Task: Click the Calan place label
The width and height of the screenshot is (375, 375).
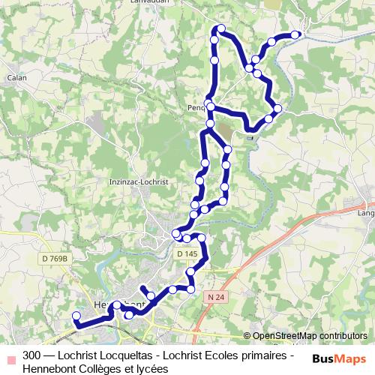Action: coord(16,76)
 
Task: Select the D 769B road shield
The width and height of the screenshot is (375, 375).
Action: coord(54,258)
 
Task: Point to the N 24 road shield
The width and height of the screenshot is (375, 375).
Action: coord(216,297)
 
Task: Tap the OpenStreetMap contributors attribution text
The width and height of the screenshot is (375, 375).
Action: coord(310,336)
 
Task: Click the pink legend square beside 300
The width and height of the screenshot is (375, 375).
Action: coord(10,355)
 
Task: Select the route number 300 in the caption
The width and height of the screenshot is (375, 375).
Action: coord(32,354)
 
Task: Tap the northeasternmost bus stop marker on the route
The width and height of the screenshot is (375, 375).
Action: coord(295,34)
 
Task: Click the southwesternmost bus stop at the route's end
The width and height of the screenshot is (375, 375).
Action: coord(76,316)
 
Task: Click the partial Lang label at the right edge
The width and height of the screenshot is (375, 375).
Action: coord(366,213)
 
